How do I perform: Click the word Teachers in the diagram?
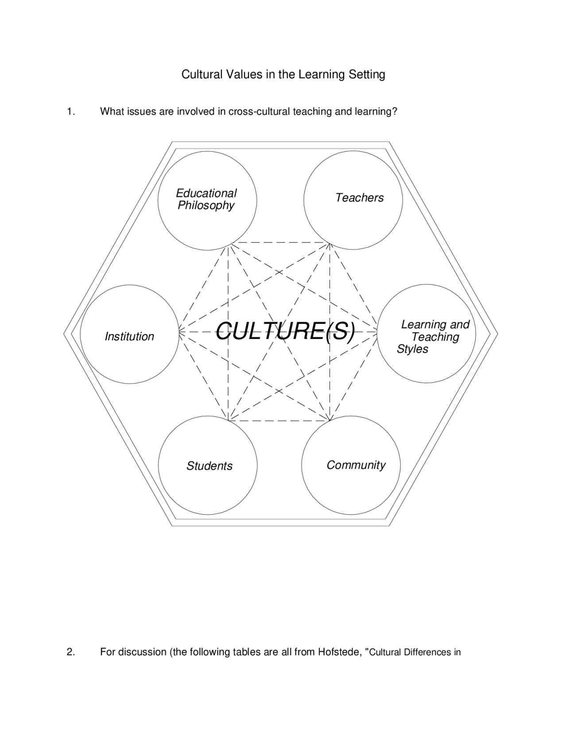coord(359,198)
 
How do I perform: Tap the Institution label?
coord(129,336)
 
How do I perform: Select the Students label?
coord(210,466)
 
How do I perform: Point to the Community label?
coord(356,465)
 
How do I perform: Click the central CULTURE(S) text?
coord(285,331)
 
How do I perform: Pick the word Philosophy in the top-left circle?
coord(206,206)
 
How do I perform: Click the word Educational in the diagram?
coord(206,193)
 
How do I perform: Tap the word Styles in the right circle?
coord(412,349)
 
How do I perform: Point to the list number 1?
coord(71,111)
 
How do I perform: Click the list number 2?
coord(71,652)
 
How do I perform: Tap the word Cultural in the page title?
coord(202,74)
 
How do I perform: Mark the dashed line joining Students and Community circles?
coord(279,421)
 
